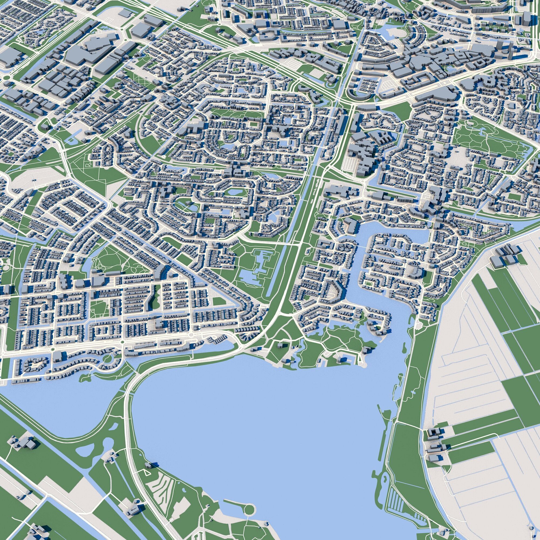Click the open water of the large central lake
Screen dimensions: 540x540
pyautogui.click(x=252, y=419)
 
